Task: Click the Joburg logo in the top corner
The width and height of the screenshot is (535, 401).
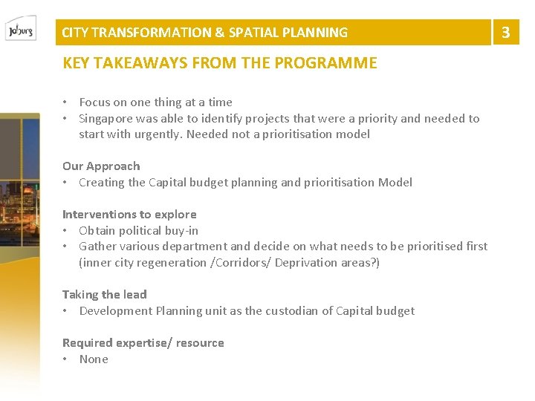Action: click(20, 32)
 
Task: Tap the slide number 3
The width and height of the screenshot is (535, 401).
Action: click(506, 32)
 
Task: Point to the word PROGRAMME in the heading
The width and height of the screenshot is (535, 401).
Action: click(325, 63)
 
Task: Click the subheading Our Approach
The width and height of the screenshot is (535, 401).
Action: click(101, 166)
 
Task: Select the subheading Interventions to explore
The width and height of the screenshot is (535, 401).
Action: click(129, 215)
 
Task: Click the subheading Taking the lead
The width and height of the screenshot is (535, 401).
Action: click(105, 295)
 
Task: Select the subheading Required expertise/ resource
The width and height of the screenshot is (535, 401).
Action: click(143, 343)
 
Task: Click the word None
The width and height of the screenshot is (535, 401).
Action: click(94, 359)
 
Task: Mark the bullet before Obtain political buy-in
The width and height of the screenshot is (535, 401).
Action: click(66, 231)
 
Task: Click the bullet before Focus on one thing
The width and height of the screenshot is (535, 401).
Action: click(66, 102)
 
